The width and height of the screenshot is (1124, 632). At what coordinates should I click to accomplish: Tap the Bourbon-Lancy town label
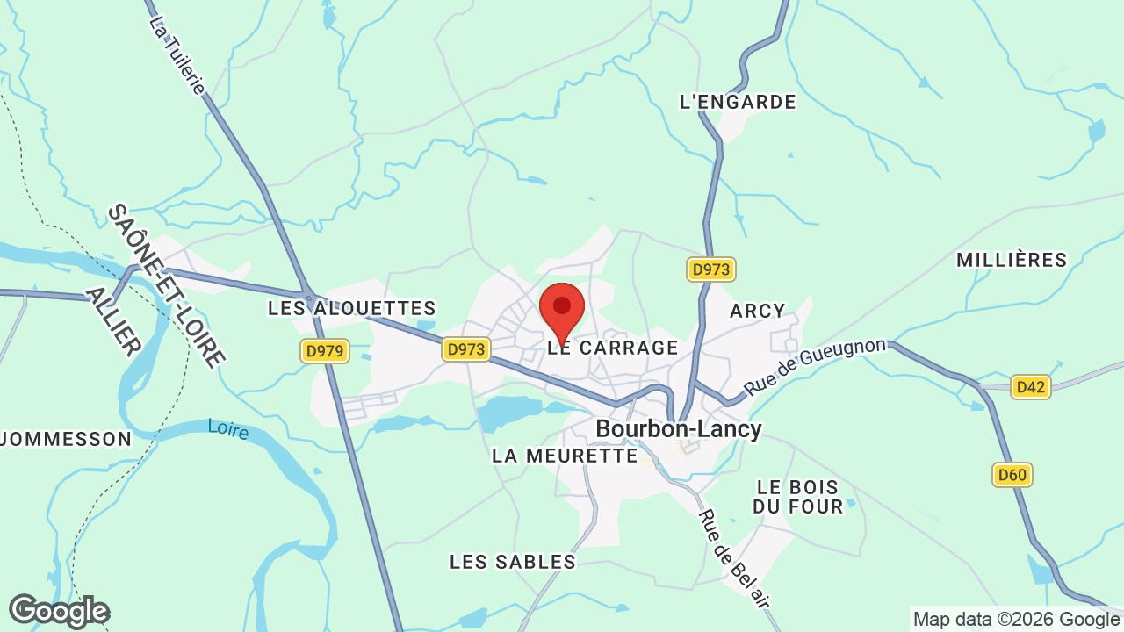[x=679, y=428]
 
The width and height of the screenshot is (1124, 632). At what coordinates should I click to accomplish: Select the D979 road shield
[x=325, y=352]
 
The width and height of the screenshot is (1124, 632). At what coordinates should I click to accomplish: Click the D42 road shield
[x=1030, y=387]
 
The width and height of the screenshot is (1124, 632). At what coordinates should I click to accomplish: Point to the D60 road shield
[x=1012, y=475]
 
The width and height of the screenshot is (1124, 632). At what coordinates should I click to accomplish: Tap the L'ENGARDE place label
[x=738, y=102]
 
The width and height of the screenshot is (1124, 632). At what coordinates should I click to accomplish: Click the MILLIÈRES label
[x=1012, y=260]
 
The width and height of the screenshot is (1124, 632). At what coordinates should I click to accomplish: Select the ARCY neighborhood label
[x=758, y=311]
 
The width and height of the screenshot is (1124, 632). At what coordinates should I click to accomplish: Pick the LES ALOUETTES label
[x=352, y=308]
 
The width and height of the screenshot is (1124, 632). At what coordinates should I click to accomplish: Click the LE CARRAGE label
[x=613, y=348]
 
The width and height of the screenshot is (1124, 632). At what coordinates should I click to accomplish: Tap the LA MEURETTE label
[x=565, y=456]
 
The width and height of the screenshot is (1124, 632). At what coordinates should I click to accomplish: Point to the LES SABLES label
[x=513, y=562]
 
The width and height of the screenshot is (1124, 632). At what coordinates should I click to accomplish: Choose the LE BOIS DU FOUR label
[x=797, y=496]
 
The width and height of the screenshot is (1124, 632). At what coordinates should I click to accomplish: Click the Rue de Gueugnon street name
[x=815, y=366]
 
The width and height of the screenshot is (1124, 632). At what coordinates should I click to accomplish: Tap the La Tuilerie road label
[x=178, y=55]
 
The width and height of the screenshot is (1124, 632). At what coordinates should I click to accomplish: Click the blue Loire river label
[x=228, y=429]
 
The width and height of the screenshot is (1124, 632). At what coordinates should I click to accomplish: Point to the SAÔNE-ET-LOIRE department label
[x=167, y=285]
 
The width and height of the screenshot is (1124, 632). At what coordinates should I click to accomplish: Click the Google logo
[x=59, y=611]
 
